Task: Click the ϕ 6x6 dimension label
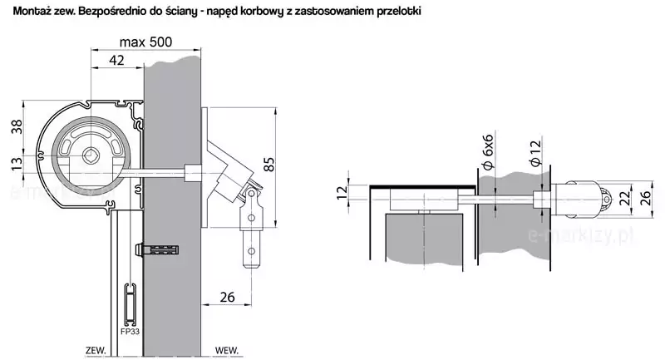[488, 152]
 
